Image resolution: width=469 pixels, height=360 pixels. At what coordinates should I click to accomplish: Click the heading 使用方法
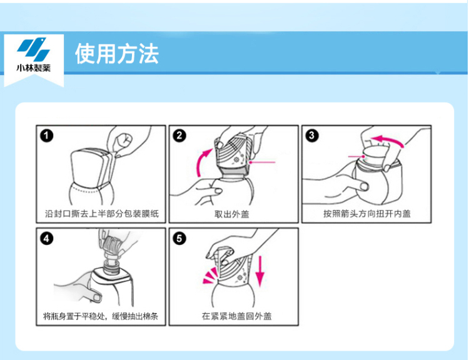click(x=117, y=54)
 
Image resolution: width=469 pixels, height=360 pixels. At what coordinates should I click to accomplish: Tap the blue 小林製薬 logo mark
click(x=33, y=48)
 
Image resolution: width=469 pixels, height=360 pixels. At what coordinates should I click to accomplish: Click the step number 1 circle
click(x=47, y=136)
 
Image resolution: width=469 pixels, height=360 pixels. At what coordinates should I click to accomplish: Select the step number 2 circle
click(x=179, y=136)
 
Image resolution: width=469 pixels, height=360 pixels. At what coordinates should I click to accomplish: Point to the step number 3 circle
click(x=312, y=136)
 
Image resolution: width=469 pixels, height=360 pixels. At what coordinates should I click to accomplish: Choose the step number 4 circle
click(x=47, y=239)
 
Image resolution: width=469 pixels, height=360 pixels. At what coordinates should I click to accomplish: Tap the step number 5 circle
click(x=179, y=239)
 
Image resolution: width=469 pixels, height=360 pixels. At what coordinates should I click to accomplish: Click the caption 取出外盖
click(x=232, y=214)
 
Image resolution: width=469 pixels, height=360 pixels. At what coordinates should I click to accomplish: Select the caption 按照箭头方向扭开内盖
click(x=366, y=214)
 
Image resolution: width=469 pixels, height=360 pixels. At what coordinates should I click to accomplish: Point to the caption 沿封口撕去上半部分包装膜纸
click(x=102, y=214)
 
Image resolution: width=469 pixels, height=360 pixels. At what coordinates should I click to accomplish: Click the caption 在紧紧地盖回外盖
click(x=236, y=316)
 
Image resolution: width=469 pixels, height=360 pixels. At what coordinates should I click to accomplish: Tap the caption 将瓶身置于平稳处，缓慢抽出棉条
click(x=101, y=316)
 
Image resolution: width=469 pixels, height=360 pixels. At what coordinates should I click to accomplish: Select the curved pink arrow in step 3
click(x=386, y=139)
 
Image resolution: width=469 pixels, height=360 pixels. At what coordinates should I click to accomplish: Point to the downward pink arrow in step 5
click(x=260, y=271)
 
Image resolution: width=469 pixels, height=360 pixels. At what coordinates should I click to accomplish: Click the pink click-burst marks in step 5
click(x=211, y=276)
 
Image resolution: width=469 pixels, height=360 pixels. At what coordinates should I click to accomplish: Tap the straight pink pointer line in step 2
click(x=262, y=162)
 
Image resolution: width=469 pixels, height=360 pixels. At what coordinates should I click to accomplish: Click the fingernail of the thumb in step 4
click(x=97, y=297)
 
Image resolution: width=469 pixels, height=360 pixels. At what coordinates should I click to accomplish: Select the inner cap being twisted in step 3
click(x=375, y=156)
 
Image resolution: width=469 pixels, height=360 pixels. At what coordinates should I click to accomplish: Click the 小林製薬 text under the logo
click(x=34, y=68)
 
